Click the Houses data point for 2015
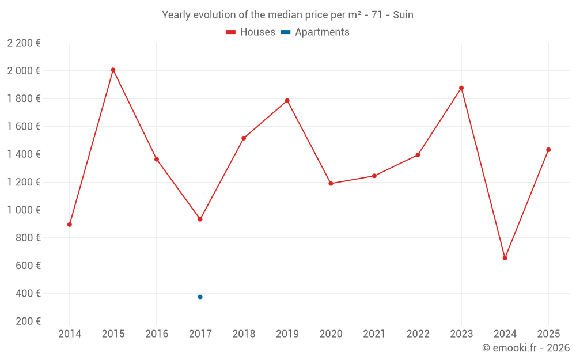(113, 70)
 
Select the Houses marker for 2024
(505, 258)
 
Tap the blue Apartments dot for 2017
(200, 297)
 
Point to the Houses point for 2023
(461, 88)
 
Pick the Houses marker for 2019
(287, 101)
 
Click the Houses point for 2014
(70, 225)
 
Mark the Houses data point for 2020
(331, 184)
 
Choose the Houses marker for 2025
(548, 150)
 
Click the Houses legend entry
(251, 32)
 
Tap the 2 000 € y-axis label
(24, 71)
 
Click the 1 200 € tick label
(24, 182)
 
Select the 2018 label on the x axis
(244, 334)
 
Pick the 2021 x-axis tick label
(374, 334)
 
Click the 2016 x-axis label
(157, 334)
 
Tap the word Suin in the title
(403, 15)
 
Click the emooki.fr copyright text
(526, 348)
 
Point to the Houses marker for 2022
(418, 155)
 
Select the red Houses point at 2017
(200, 219)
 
